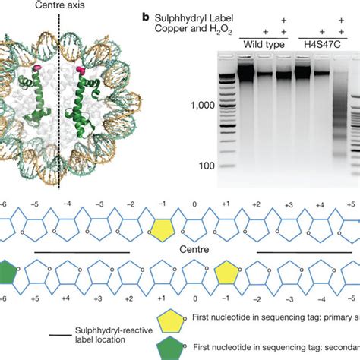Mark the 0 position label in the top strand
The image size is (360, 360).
(x=194, y=205)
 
